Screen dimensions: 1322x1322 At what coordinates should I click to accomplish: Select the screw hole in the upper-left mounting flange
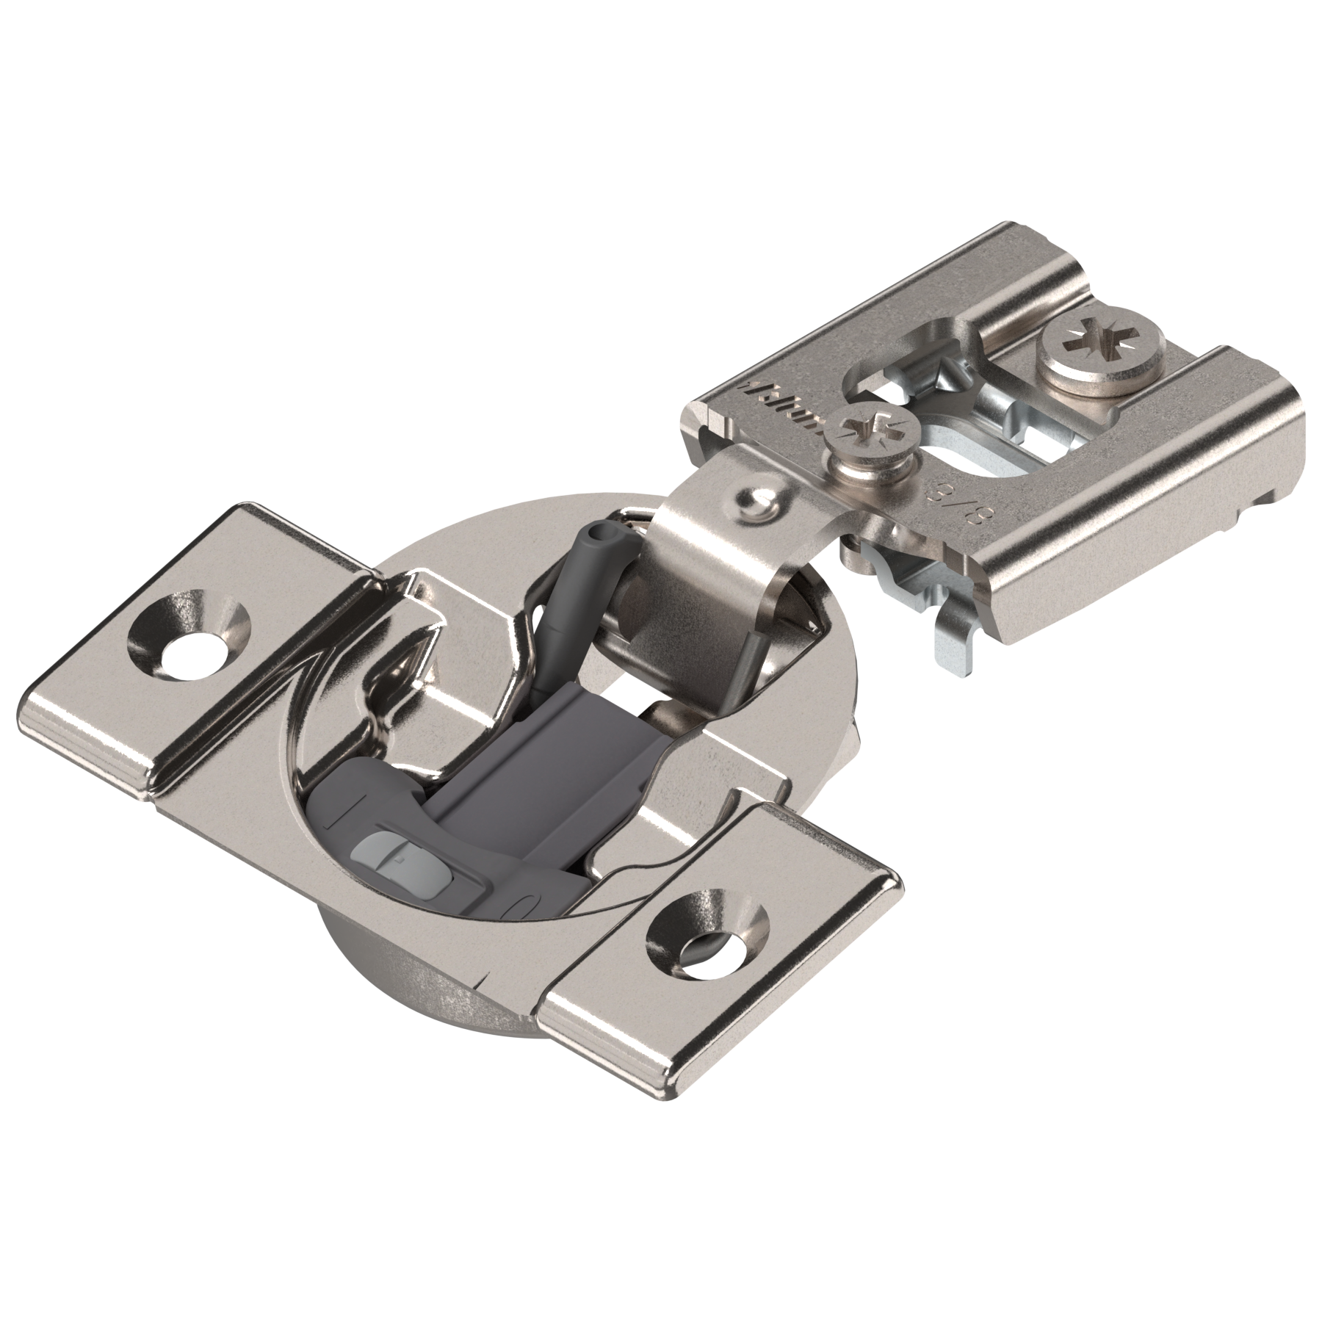189,629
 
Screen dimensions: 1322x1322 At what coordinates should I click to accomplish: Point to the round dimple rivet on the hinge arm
756,503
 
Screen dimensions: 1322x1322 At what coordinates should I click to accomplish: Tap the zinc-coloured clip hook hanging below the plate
955,646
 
